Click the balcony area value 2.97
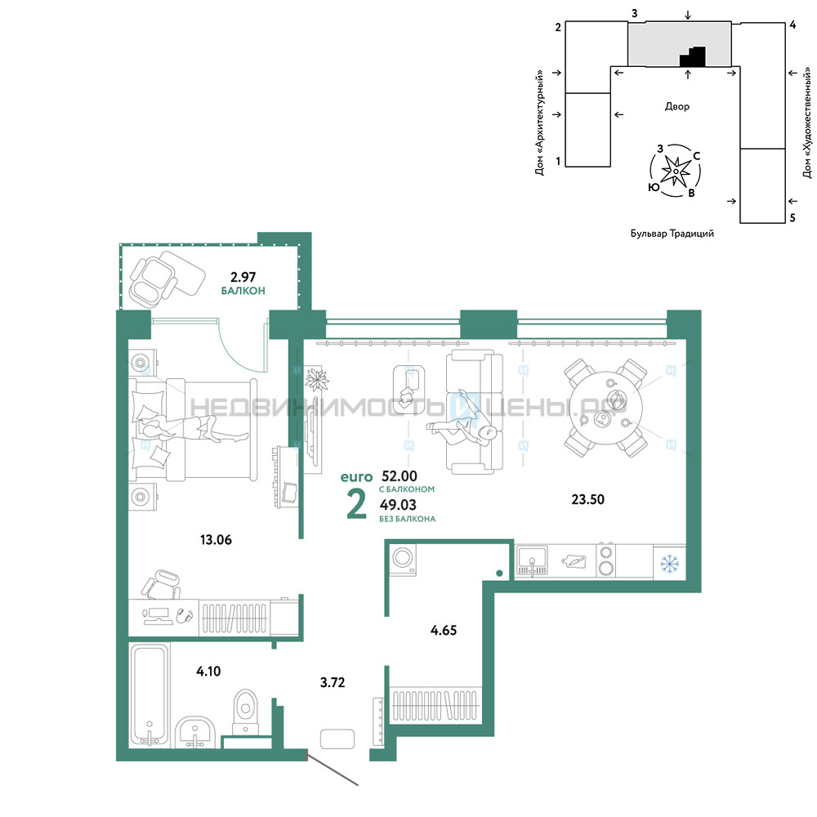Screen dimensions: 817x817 point(243,277)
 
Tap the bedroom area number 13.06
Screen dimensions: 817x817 point(216,539)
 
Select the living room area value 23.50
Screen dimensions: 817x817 point(587,499)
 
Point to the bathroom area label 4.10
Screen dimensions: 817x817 point(208,671)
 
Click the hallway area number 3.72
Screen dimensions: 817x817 point(333,682)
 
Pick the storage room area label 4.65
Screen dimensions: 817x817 point(444,630)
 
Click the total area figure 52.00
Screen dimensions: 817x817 point(400,475)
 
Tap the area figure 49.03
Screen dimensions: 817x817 point(398,504)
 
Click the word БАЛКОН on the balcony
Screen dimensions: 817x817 point(243,291)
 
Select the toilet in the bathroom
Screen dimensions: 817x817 point(245,712)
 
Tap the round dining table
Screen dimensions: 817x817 point(606,408)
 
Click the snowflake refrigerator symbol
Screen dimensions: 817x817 point(670,563)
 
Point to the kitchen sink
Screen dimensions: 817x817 point(532,561)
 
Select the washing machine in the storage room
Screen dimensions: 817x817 point(403,560)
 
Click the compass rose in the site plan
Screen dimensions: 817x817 point(676,171)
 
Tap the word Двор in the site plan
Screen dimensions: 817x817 point(676,107)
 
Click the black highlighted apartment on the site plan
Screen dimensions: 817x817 point(693,57)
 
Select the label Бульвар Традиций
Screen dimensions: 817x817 point(672,234)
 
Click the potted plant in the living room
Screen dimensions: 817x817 point(316,379)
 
